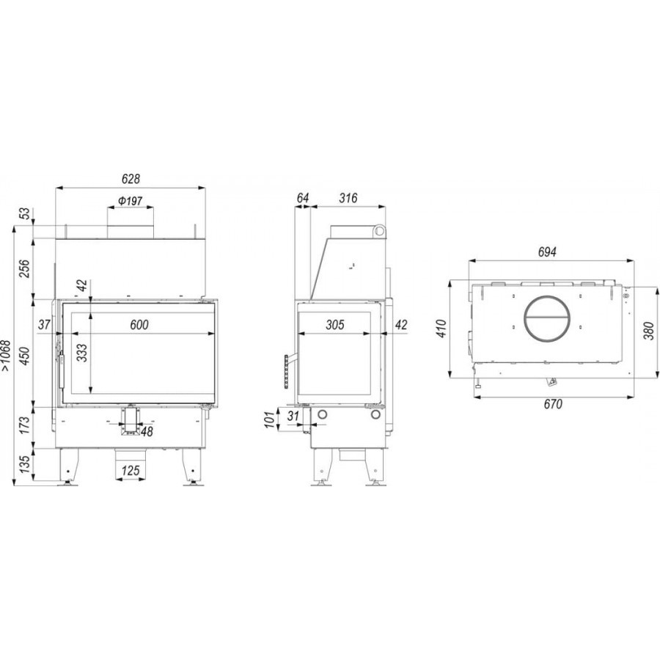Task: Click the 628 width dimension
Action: pos(131,179)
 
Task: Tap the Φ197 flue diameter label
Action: pos(130,201)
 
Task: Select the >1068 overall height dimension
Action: pos(7,355)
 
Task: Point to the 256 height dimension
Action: pos(25,268)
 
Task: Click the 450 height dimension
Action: pos(25,356)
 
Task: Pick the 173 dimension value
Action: pos(25,425)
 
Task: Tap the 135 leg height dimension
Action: pos(25,464)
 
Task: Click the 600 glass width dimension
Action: pos(139,325)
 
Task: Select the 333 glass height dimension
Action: pos(82,353)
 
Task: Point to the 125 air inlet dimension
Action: pos(131,470)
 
